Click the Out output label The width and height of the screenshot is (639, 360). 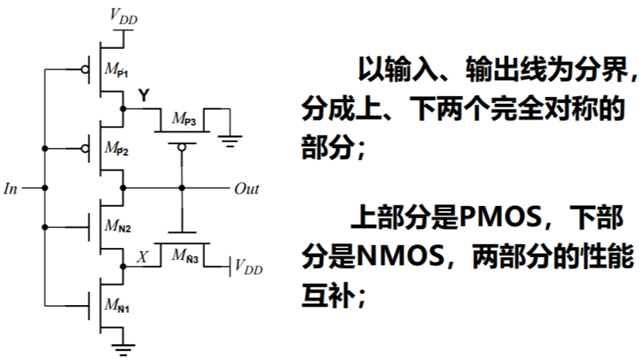tap(246, 188)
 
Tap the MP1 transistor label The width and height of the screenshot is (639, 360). tap(117, 71)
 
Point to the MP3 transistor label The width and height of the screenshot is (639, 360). tap(184, 119)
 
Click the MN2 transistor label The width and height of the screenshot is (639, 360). tap(117, 227)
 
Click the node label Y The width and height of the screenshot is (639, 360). tap(143, 95)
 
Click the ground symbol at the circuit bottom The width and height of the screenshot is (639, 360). tap(120, 350)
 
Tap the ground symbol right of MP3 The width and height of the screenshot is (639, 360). tap(228, 140)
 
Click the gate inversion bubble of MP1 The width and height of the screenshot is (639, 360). tap(85, 69)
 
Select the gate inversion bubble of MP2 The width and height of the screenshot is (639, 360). tap(85, 148)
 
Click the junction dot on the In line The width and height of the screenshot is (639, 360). tap(45, 188)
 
